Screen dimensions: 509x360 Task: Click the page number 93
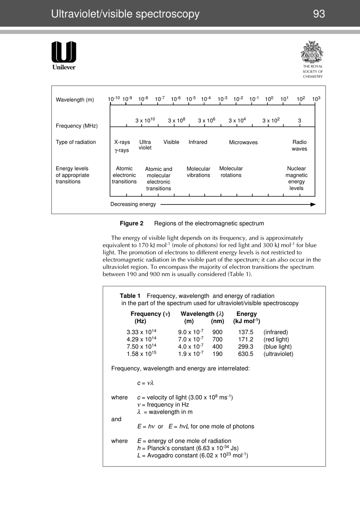(319, 14)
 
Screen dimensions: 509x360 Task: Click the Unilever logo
(64, 55)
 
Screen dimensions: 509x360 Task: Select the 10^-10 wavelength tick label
(114, 99)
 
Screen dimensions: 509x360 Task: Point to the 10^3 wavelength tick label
(316, 99)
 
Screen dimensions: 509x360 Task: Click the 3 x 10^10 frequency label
(145, 120)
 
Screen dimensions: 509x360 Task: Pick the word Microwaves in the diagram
(243, 142)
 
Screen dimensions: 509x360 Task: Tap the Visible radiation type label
(171, 142)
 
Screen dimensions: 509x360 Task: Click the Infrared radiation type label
(198, 142)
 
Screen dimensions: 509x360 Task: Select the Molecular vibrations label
(198, 172)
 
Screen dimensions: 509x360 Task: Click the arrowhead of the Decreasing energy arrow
(313, 205)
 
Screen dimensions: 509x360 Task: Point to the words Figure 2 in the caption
(131, 223)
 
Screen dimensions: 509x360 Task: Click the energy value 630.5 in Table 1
(246, 354)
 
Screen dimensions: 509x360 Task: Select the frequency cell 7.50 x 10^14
(141, 347)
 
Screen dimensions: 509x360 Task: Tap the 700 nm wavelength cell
(217, 340)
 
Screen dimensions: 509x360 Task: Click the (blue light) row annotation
(277, 347)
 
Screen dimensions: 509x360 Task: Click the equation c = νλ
(145, 383)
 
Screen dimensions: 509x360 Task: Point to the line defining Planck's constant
(188, 448)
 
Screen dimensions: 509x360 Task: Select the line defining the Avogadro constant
(192, 455)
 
